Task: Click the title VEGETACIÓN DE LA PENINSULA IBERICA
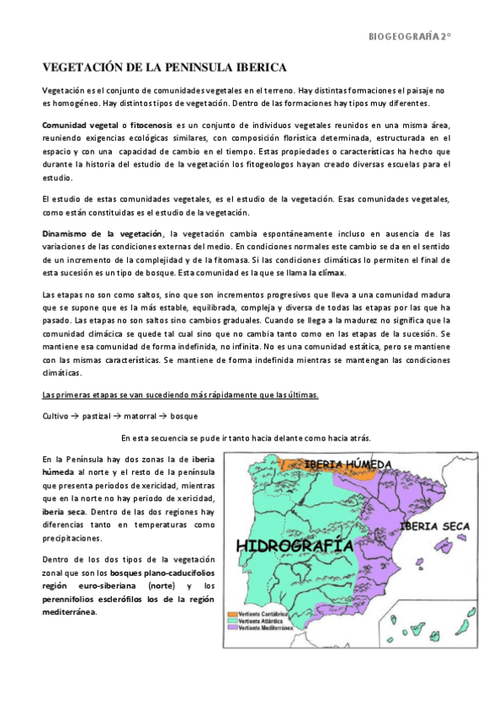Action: click(x=164, y=67)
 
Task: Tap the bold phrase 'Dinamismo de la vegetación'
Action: click(x=103, y=232)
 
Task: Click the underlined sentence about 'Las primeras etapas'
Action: click(x=180, y=395)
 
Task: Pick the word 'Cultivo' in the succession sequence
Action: click(x=56, y=416)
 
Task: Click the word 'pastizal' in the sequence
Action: click(x=101, y=416)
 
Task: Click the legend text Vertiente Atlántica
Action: click(x=265, y=621)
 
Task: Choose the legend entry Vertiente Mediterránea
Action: click(x=269, y=628)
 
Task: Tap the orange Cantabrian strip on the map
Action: click(x=311, y=464)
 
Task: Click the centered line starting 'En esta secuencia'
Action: click(x=245, y=438)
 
